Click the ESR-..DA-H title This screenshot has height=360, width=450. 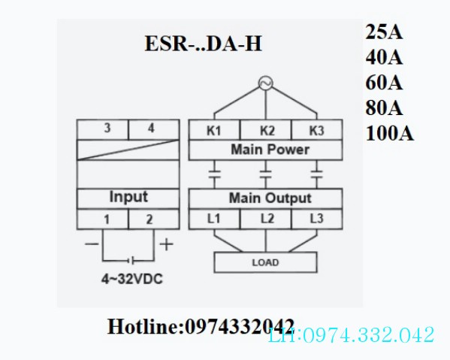point(203,44)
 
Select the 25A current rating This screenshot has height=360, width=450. point(384,32)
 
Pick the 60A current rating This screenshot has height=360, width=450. point(384,83)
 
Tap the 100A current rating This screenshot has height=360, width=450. point(389,134)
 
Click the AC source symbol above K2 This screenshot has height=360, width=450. point(265,83)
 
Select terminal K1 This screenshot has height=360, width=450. point(214,131)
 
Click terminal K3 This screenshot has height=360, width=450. point(316,131)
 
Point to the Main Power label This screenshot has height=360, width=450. point(270,150)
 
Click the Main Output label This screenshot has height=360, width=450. point(270,198)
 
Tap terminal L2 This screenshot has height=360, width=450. point(267,219)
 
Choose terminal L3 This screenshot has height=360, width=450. point(316,219)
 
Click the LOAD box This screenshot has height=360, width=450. point(266,262)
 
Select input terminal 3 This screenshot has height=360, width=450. point(107,128)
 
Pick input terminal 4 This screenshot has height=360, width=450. point(151,128)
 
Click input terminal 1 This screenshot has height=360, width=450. point(107,219)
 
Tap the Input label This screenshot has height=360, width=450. point(128,197)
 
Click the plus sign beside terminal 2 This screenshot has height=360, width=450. point(167,244)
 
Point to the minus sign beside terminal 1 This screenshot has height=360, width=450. point(92,244)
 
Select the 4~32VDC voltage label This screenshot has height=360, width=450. point(132,279)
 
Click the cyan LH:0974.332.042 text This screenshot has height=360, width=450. point(351,334)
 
